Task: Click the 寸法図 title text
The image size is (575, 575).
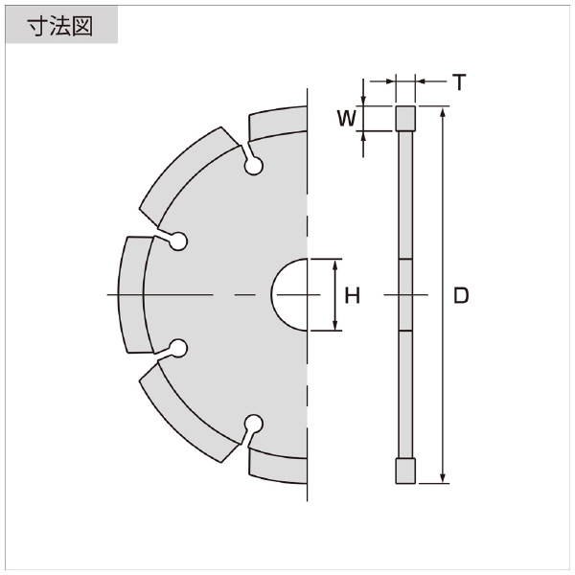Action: (x=60, y=27)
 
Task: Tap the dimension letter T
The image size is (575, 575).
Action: (x=459, y=81)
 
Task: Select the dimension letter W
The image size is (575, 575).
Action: (x=347, y=119)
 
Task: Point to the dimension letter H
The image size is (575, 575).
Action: (x=353, y=295)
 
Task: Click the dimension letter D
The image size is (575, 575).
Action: (x=461, y=295)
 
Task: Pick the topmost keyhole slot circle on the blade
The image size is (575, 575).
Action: (x=254, y=166)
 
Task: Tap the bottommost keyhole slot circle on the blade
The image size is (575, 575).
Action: (x=254, y=424)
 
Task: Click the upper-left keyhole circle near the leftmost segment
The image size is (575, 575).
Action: (x=178, y=241)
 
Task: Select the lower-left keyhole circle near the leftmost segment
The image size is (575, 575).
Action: (x=178, y=348)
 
